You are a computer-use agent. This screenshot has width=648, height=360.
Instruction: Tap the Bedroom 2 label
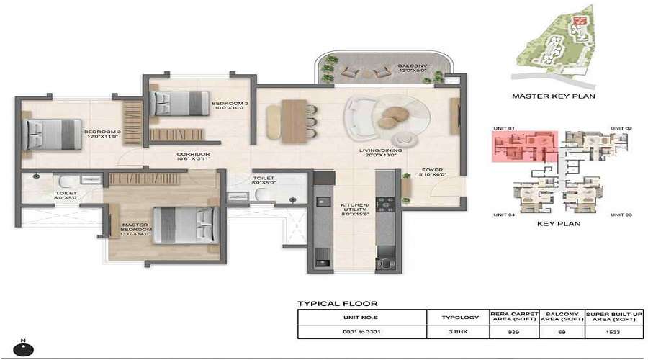(x=230, y=107)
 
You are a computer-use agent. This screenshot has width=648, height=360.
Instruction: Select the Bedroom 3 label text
(x=100, y=135)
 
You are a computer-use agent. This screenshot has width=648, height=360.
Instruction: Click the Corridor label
(x=194, y=157)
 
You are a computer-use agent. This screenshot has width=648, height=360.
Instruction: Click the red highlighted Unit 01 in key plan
(x=524, y=145)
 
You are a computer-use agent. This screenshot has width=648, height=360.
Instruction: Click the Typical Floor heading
(x=338, y=304)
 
